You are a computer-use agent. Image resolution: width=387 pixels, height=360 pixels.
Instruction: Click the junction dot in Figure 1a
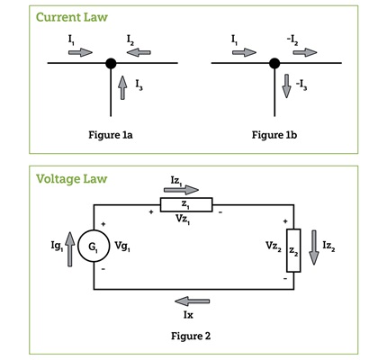(111, 63)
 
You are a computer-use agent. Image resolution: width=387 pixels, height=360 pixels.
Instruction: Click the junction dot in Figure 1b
(274, 63)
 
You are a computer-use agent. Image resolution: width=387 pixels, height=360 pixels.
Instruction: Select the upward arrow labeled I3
(122, 87)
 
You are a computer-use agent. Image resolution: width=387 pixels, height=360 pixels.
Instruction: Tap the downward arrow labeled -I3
(286, 86)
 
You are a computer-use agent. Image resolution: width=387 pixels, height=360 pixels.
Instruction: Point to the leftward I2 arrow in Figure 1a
(139, 52)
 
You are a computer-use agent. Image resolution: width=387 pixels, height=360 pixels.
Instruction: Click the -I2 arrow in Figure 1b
(305, 52)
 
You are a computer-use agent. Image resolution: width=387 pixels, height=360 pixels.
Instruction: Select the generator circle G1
(94, 247)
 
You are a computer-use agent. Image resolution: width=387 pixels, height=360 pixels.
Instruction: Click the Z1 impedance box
(186, 204)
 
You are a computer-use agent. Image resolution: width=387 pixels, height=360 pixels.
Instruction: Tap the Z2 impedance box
(293, 250)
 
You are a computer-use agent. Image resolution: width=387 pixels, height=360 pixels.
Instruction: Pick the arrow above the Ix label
(192, 301)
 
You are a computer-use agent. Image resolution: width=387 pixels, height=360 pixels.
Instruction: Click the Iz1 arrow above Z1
(181, 190)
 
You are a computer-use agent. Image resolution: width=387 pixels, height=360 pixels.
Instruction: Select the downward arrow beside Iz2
(314, 247)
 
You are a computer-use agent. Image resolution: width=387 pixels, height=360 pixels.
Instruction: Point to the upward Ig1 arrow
(69, 249)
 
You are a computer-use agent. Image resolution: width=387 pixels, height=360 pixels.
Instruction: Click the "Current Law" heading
(72, 17)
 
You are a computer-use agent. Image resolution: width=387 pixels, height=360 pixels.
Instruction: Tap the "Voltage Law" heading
(71, 179)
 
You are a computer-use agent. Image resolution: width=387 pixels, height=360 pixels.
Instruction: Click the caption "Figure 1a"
(111, 135)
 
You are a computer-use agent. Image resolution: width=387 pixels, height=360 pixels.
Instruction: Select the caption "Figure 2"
(191, 336)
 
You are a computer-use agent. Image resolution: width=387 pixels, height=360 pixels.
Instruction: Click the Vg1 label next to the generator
(122, 247)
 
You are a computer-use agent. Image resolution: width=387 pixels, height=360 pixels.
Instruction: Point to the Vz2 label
(274, 247)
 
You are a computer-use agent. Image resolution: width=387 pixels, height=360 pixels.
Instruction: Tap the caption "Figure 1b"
(274, 135)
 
